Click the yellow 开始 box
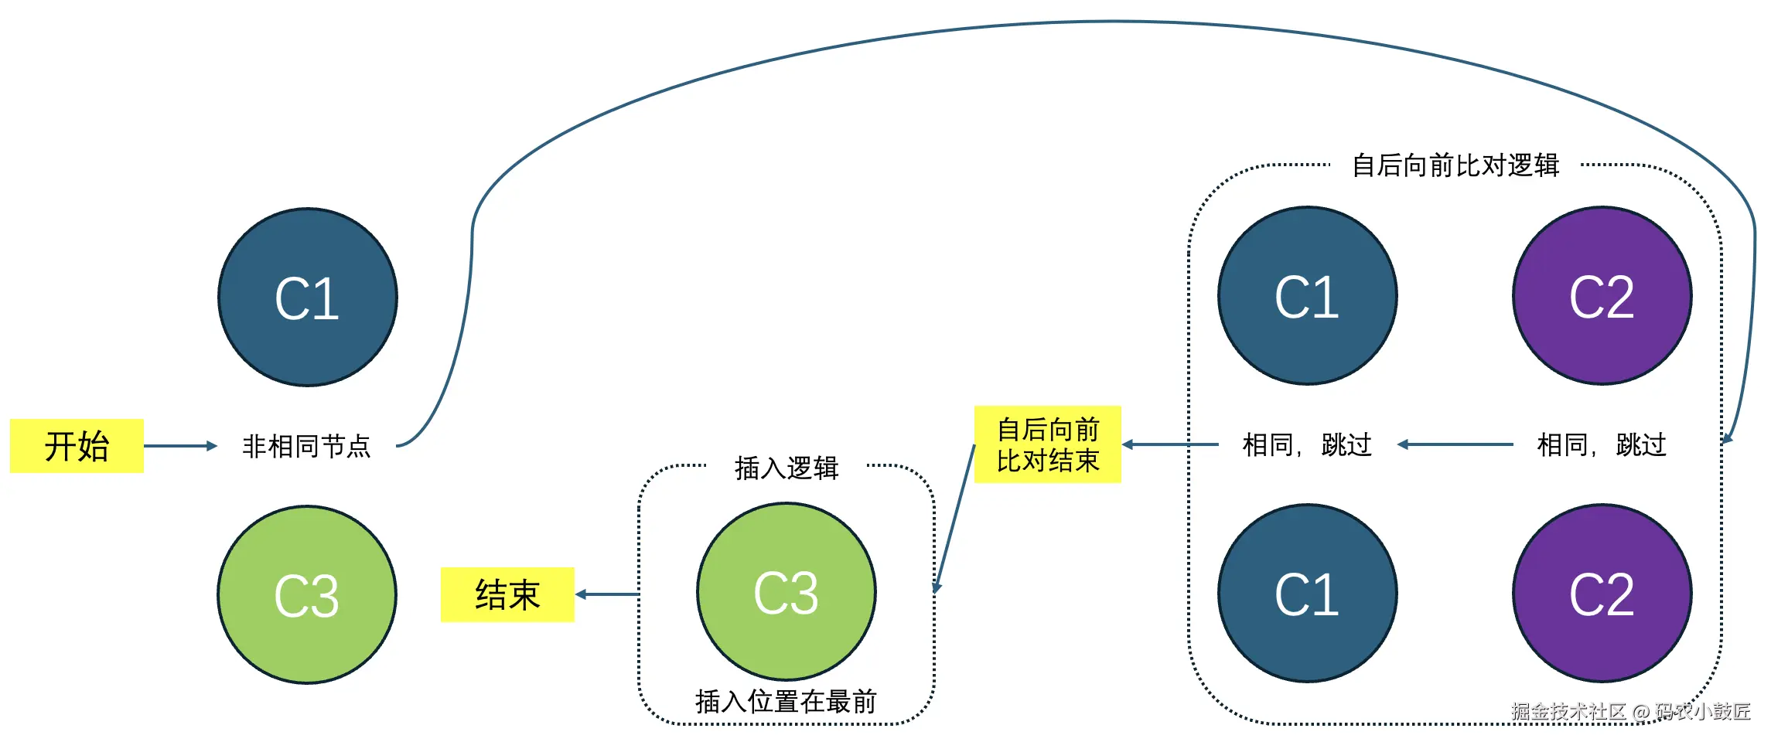77,446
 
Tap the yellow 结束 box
507,594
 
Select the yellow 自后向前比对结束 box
1047,444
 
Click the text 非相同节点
306,446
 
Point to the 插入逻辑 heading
787,468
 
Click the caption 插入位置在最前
786,701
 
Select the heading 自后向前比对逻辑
1455,165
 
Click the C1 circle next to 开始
308,298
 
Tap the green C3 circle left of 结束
307,594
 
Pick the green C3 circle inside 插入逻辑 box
786,592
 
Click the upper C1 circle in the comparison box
1307,296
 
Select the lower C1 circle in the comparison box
1307,594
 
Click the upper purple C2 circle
1602,296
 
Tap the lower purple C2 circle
1602,594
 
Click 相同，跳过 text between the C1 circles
1307,444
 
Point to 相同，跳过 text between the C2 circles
1602,444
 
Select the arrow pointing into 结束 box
608,594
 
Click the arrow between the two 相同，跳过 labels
1455,444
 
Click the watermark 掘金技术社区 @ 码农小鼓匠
1630,711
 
